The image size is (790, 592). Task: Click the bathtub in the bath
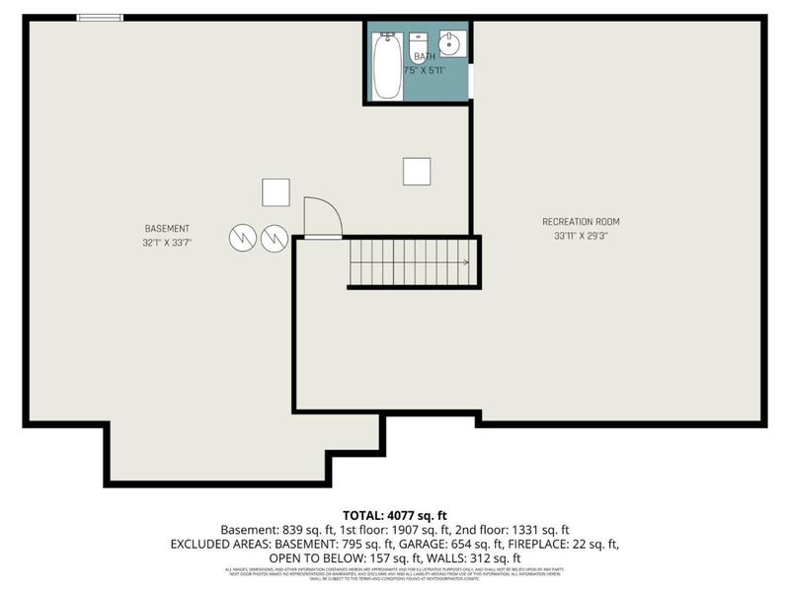387,66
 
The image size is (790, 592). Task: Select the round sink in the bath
451,44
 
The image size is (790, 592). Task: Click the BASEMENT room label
167,228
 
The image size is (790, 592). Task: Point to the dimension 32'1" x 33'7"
167,242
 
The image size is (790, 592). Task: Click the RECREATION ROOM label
581,221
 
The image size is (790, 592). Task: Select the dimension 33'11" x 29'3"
581,235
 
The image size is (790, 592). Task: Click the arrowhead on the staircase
464,262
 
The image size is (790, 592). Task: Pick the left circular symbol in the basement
243,237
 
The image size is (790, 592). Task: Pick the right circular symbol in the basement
275,237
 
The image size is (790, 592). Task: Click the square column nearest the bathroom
417,171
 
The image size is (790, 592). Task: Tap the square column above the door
276,191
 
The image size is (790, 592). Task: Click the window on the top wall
100,17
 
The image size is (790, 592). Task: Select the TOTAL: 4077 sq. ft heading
395,515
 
